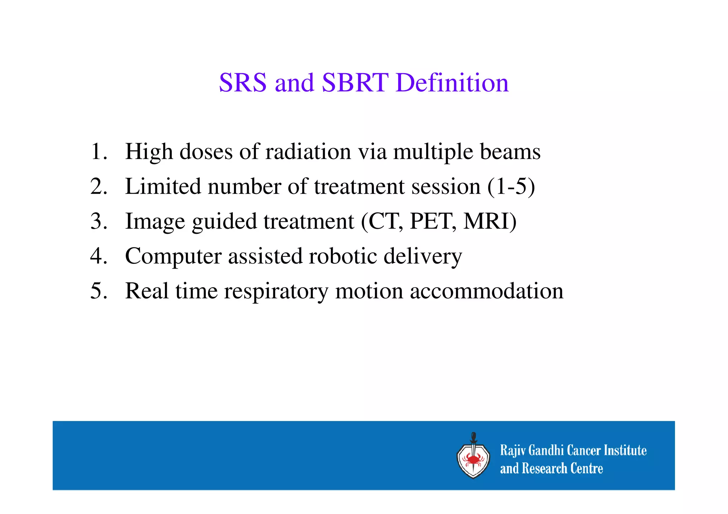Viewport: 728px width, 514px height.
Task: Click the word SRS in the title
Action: (x=242, y=82)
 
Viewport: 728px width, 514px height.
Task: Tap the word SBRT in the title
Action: (x=355, y=82)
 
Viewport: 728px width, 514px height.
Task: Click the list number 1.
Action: (x=98, y=152)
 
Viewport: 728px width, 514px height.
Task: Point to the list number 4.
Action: (x=98, y=256)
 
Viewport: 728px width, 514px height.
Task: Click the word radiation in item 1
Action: (x=308, y=152)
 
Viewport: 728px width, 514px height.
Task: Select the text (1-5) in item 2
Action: (x=511, y=186)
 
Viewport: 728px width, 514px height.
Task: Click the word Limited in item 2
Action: (x=163, y=186)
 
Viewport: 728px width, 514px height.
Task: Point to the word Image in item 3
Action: (x=155, y=222)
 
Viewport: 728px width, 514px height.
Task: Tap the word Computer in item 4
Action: (x=173, y=256)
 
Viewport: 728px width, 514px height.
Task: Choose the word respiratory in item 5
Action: (x=276, y=291)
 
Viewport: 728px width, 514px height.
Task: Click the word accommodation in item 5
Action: (x=487, y=291)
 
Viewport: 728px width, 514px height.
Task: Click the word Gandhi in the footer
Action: (x=546, y=450)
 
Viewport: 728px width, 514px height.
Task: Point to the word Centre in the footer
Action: (x=587, y=469)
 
